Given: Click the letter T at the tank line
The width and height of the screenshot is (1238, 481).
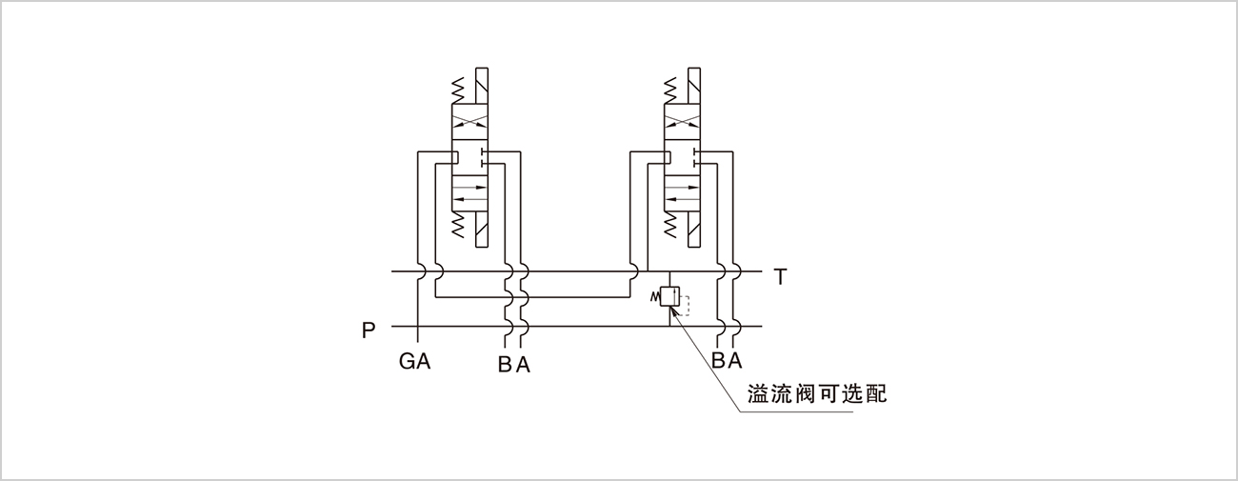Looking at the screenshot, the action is pos(780,277).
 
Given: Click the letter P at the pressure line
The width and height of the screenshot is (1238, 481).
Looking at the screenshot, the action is pos(369,331).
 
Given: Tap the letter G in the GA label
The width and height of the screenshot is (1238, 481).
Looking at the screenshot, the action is pos(407,362).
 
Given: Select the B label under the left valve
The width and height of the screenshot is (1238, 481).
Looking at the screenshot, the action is pos(505,365).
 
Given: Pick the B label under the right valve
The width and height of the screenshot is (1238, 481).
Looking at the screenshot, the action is pos(718,360).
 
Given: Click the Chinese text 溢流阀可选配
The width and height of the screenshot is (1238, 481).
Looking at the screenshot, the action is pos(817,393).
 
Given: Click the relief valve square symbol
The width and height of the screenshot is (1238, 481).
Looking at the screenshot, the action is pos(669,297).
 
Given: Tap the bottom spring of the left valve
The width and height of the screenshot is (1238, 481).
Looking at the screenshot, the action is pos(458,224).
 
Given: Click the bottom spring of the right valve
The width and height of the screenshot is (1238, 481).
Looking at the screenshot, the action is pos(669,224).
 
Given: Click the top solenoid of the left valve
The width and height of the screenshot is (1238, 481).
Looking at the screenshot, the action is pos(481,87).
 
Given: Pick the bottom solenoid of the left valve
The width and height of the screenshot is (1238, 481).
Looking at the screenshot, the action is pos(481,229).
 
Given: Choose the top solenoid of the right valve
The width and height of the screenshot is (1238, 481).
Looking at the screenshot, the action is pos(693,87).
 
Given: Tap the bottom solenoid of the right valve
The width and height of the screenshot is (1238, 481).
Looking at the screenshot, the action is pos(693,229).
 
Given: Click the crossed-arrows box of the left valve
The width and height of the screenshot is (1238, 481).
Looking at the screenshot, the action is pos(469,122).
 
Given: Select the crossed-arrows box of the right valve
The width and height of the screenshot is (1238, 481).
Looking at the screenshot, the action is pos(682,122).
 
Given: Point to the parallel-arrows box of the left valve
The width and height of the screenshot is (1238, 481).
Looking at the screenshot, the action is pos(469,193).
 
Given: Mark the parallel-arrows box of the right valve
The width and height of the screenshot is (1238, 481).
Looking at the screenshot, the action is pos(682,193).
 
